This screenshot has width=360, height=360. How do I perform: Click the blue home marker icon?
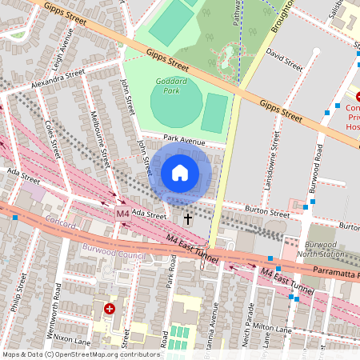[x=180, y=172]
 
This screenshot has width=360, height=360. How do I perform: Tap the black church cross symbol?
[x=189, y=218]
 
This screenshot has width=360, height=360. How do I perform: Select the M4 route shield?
[x=122, y=214]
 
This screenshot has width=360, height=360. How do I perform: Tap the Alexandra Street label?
[x=58, y=78]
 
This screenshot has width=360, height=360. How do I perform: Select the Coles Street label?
[x=53, y=138]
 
